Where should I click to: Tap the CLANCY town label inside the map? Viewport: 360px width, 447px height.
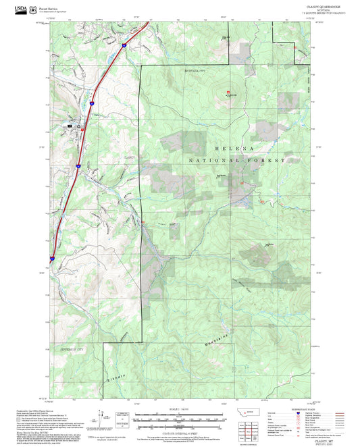click(130, 156)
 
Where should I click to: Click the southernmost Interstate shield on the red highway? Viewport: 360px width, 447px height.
click(52, 257)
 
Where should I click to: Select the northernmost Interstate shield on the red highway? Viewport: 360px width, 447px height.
click(124, 45)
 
